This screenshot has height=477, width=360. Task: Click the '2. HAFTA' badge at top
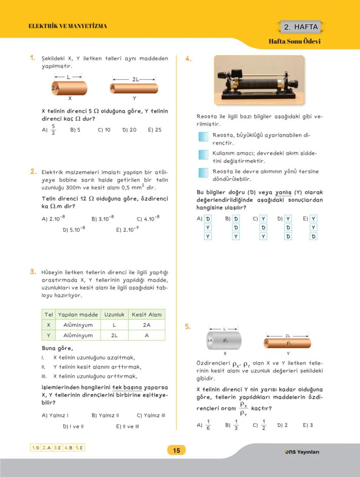coord(301,27)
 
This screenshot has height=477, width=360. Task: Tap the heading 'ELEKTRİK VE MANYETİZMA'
coord(67,26)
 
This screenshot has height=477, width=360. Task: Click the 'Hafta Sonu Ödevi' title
coord(294,42)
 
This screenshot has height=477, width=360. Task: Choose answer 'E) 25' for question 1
coord(154,129)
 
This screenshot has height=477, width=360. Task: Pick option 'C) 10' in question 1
coord(104,129)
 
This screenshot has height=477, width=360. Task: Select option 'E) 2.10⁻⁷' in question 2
coord(127,229)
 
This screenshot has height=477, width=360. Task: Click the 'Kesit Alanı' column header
coord(147,314)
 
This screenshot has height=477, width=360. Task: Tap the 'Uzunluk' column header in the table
coord(114,314)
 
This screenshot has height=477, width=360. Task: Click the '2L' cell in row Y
coord(114,335)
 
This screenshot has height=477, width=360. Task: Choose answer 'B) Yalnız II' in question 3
coord(105,415)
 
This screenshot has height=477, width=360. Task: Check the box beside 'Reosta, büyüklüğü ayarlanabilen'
coord(203,137)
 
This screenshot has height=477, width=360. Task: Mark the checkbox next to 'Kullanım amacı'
coord(203,155)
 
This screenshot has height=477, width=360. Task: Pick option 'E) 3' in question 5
coord(308,425)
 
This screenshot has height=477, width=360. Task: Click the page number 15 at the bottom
coord(176,450)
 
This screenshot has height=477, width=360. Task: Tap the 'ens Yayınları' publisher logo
coord(302,452)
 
